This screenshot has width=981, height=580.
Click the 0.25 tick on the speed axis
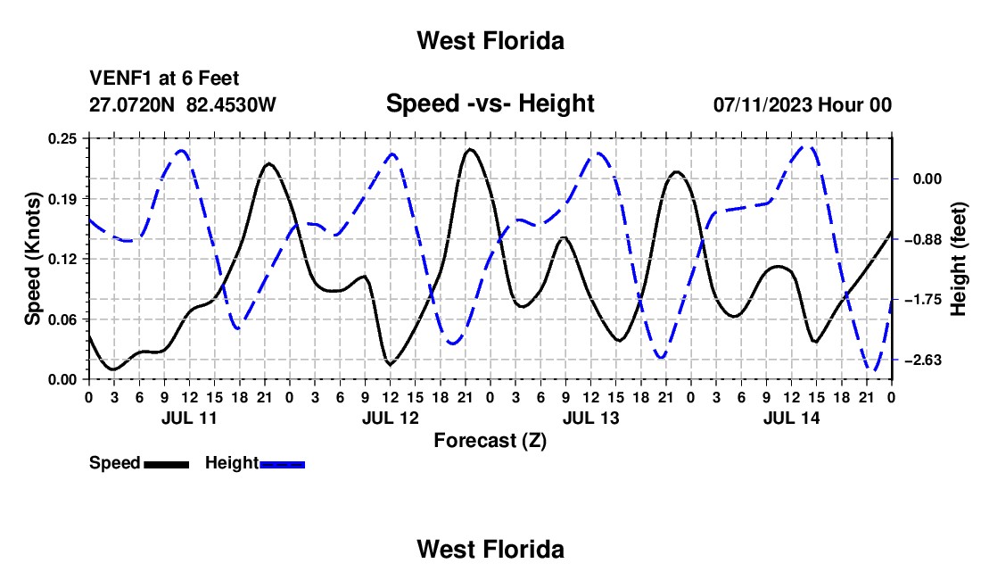(x=62, y=138)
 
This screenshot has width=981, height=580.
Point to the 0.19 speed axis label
(x=62, y=199)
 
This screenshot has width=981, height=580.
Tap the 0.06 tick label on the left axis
(x=62, y=319)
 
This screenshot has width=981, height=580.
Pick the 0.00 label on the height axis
(x=927, y=179)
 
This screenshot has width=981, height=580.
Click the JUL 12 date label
(x=391, y=418)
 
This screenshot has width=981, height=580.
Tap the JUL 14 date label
(x=791, y=418)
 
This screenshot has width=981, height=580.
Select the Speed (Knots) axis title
(x=32, y=259)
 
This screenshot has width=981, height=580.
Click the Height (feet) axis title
(x=958, y=259)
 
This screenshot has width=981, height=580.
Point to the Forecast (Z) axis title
(x=490, y=441)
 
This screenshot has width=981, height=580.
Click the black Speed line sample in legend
(x=167, y=464)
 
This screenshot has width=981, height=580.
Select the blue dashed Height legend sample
(x=282, y=464)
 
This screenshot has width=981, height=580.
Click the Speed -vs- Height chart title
(x=490, y=104)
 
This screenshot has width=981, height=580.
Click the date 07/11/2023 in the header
(x=763, y=104)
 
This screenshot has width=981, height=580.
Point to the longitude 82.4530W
(x=231, y=104)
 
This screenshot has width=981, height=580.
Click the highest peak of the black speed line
(x=470, y=149)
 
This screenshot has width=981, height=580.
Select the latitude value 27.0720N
(x=132, y=104)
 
